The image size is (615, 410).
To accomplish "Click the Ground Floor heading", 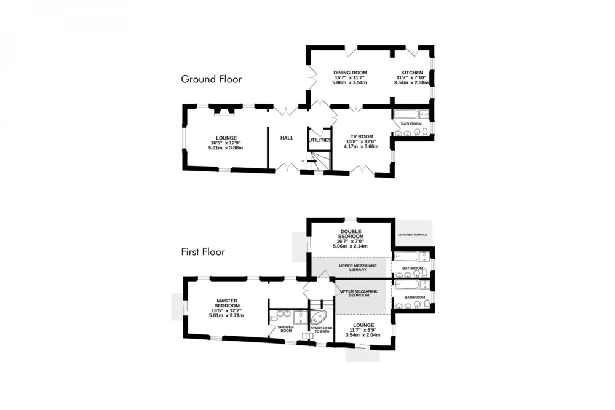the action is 212,79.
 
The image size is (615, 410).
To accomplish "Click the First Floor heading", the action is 203,251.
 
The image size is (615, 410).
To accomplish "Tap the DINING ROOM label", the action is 351,73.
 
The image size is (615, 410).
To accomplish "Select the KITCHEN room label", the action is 412,73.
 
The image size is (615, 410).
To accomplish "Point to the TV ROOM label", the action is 362,137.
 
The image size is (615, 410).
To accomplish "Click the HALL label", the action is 287,138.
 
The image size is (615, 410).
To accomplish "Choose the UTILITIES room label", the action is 320,140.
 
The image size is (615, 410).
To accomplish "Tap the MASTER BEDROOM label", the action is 227,304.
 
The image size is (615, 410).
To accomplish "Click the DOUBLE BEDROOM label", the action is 351,234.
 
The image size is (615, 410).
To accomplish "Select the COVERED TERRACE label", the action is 413,235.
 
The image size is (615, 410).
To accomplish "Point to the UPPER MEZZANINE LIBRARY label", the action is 358,268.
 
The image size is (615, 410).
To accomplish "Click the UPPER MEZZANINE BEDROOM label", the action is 359,293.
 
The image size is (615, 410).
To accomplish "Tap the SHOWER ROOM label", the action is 285,329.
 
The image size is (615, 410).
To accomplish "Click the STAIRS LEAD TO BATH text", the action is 322,329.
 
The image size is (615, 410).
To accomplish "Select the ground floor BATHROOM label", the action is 411,124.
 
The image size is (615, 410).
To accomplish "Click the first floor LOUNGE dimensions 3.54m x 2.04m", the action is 363,335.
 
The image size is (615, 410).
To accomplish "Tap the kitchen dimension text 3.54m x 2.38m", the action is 411,83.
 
